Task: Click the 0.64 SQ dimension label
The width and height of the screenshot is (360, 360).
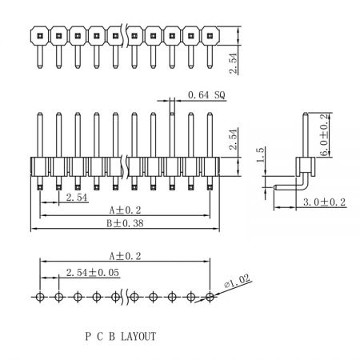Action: tap(206, 95)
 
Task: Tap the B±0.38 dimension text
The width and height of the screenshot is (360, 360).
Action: tap(125, 223)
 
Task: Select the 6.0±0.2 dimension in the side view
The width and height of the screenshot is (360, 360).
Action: tap(323, 134)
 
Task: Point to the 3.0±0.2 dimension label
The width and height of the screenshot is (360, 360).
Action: tap(324, 202)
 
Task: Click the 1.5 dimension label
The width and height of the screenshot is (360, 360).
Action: tap(261, 154)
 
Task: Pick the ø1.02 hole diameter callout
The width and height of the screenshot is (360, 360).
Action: tap(238, 281)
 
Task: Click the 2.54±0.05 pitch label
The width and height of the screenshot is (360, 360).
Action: tap(93, 273)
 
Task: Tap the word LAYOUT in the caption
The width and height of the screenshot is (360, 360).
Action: tap(138, 336)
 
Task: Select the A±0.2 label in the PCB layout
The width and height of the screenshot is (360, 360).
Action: tap(125, 256)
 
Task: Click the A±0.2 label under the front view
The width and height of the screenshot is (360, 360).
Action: tap(125, 210)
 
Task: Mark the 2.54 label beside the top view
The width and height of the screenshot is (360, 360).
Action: tap(233, 63)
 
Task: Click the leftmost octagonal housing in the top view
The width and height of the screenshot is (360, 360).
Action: tap(40, 35)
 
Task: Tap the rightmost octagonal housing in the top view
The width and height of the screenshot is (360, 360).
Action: tap(210, 35)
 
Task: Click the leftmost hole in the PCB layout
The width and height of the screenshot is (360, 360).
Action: tap(40, 297)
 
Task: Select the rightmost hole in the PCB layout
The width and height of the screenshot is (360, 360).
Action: tap(210, 297)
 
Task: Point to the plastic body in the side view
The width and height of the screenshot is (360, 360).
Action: tap(306, 166)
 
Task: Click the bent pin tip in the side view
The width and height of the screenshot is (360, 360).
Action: tap(275, 187)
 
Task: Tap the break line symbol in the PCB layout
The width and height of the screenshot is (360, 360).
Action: tap(125, 297)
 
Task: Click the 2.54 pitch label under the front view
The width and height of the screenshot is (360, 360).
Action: tap(77, 198)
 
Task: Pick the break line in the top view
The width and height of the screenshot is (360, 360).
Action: tap(125, 35)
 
